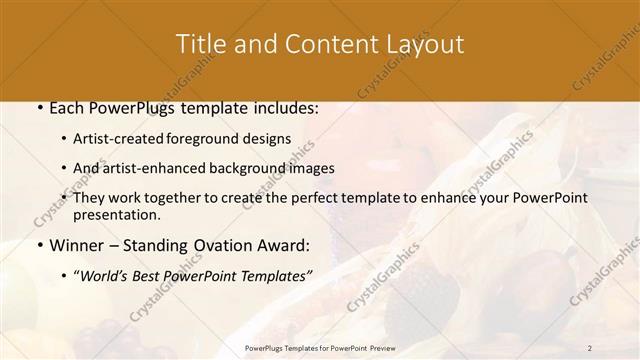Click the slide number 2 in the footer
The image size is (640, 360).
590,348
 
